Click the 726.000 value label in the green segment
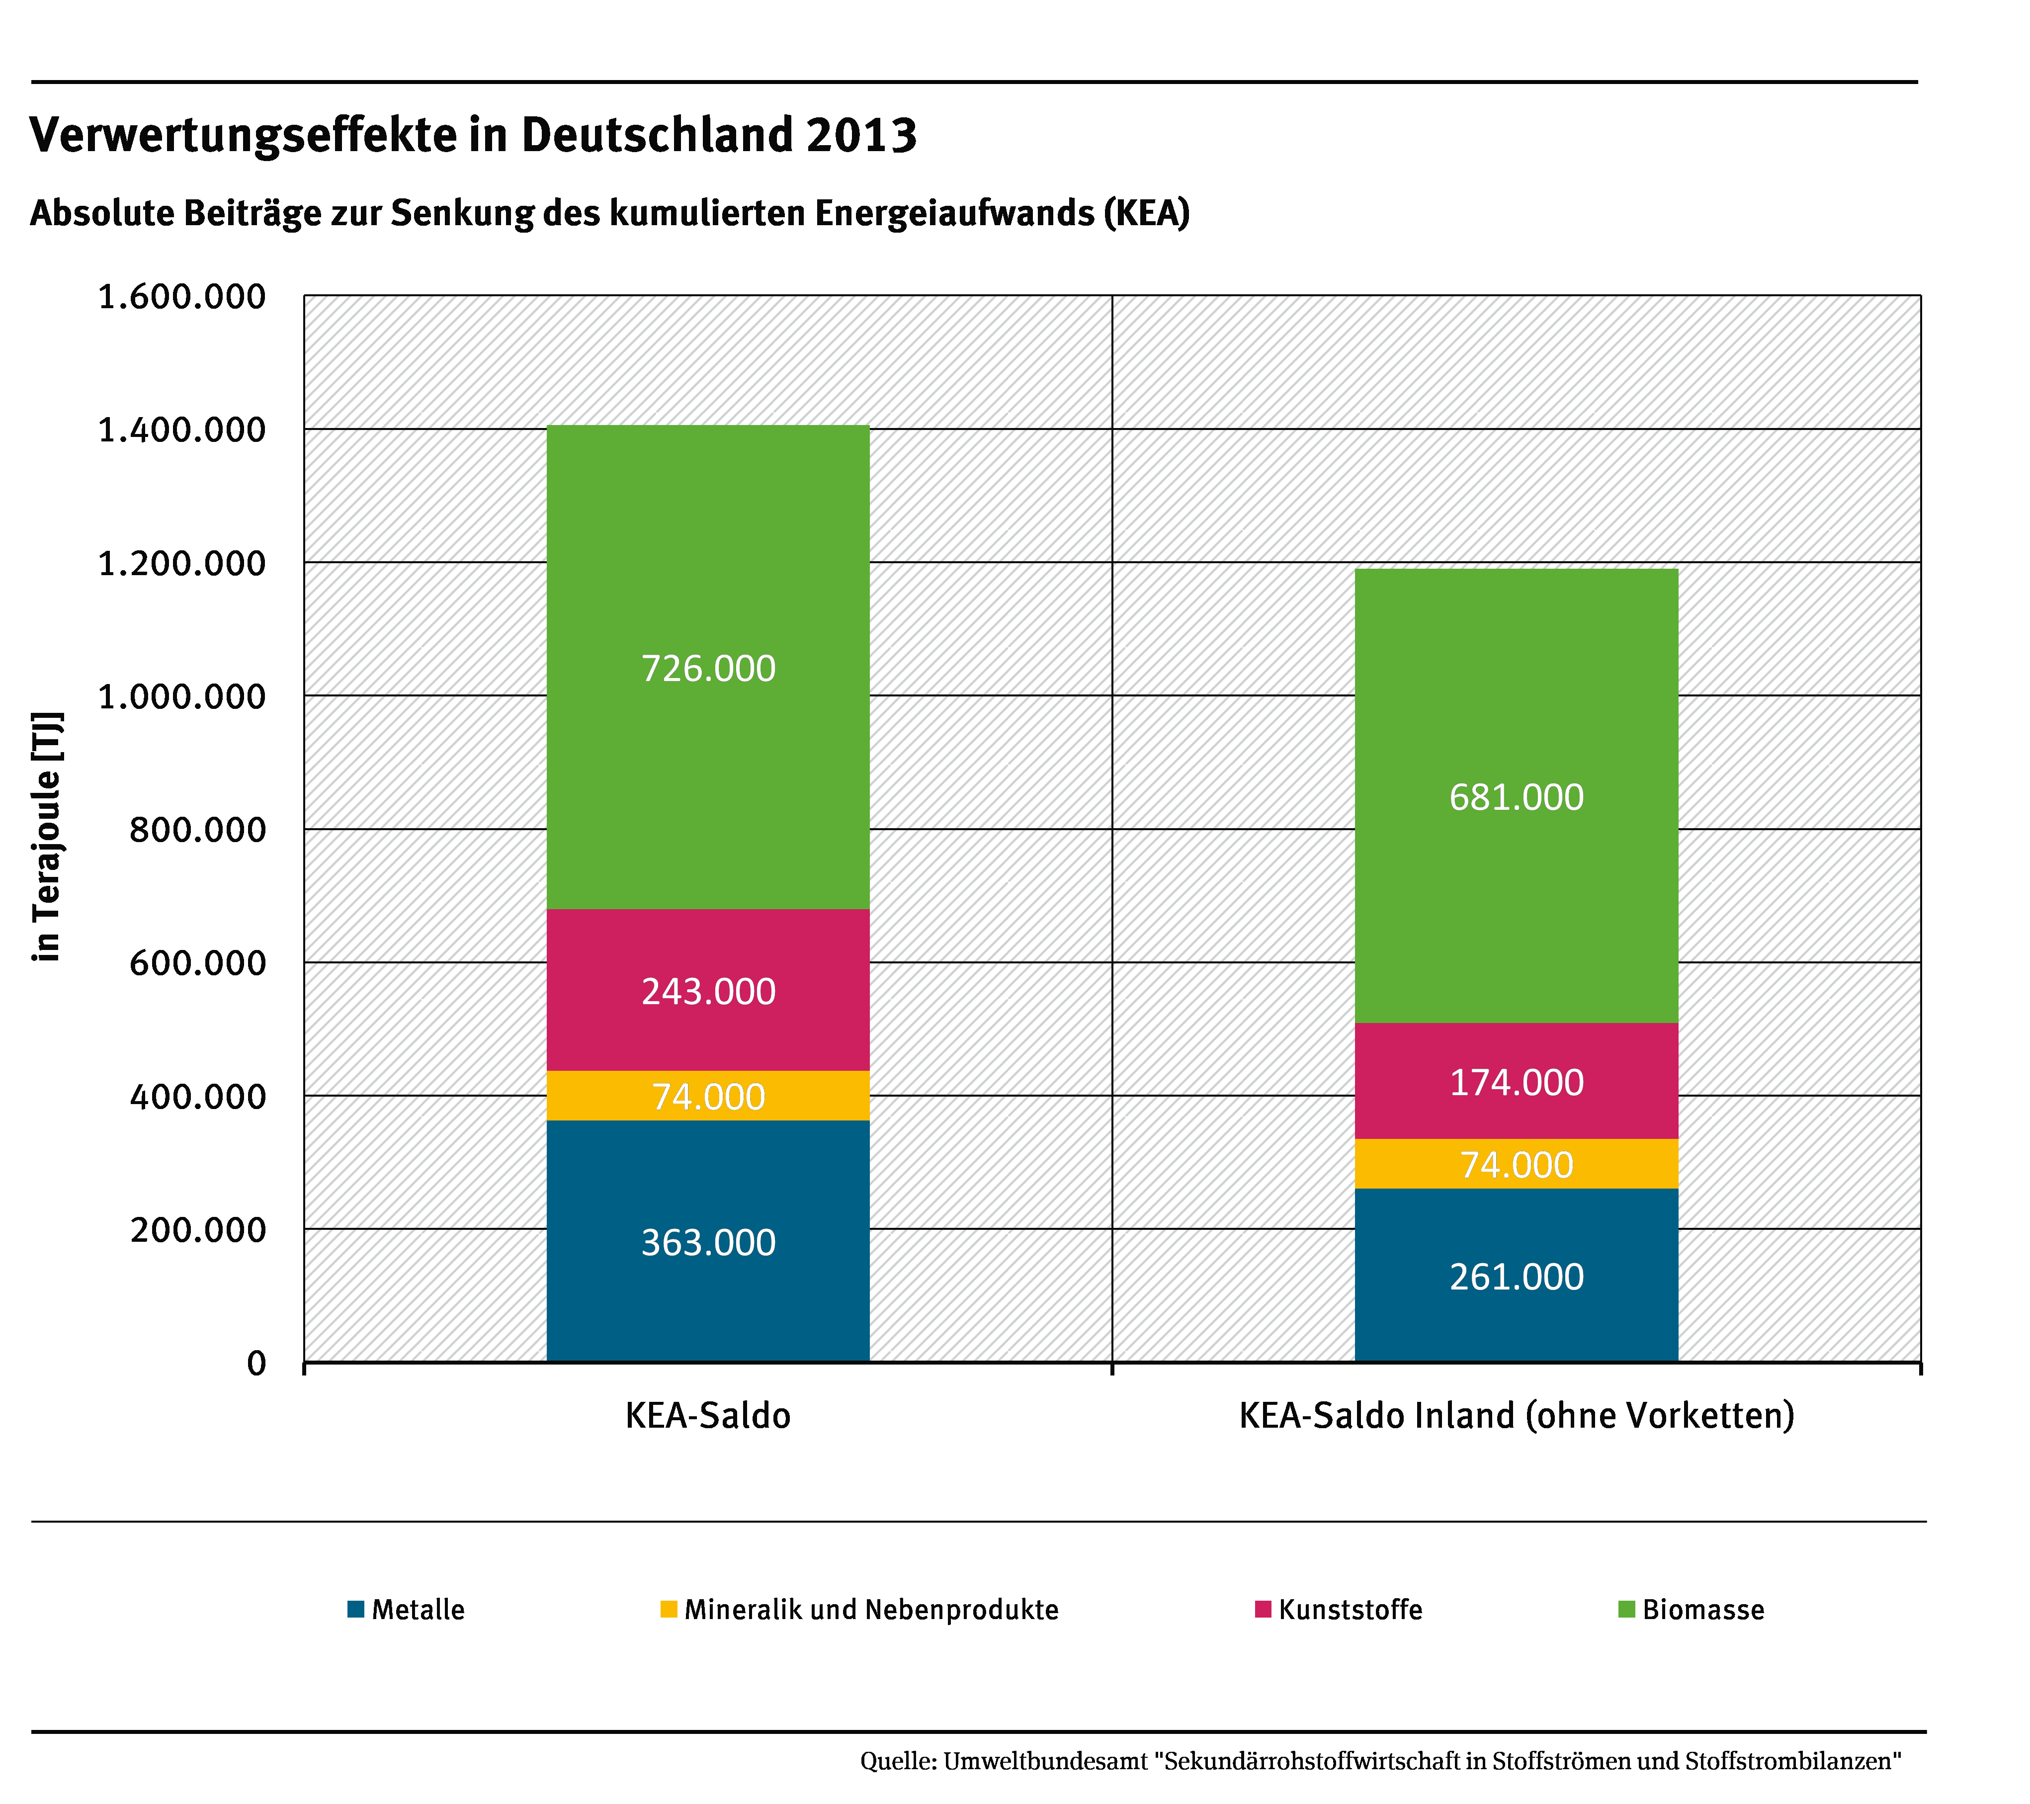click(708, 669)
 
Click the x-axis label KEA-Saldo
click(708, 1416)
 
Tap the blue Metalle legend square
click(355, 1609)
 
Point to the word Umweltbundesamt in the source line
click(1045, 1761)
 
